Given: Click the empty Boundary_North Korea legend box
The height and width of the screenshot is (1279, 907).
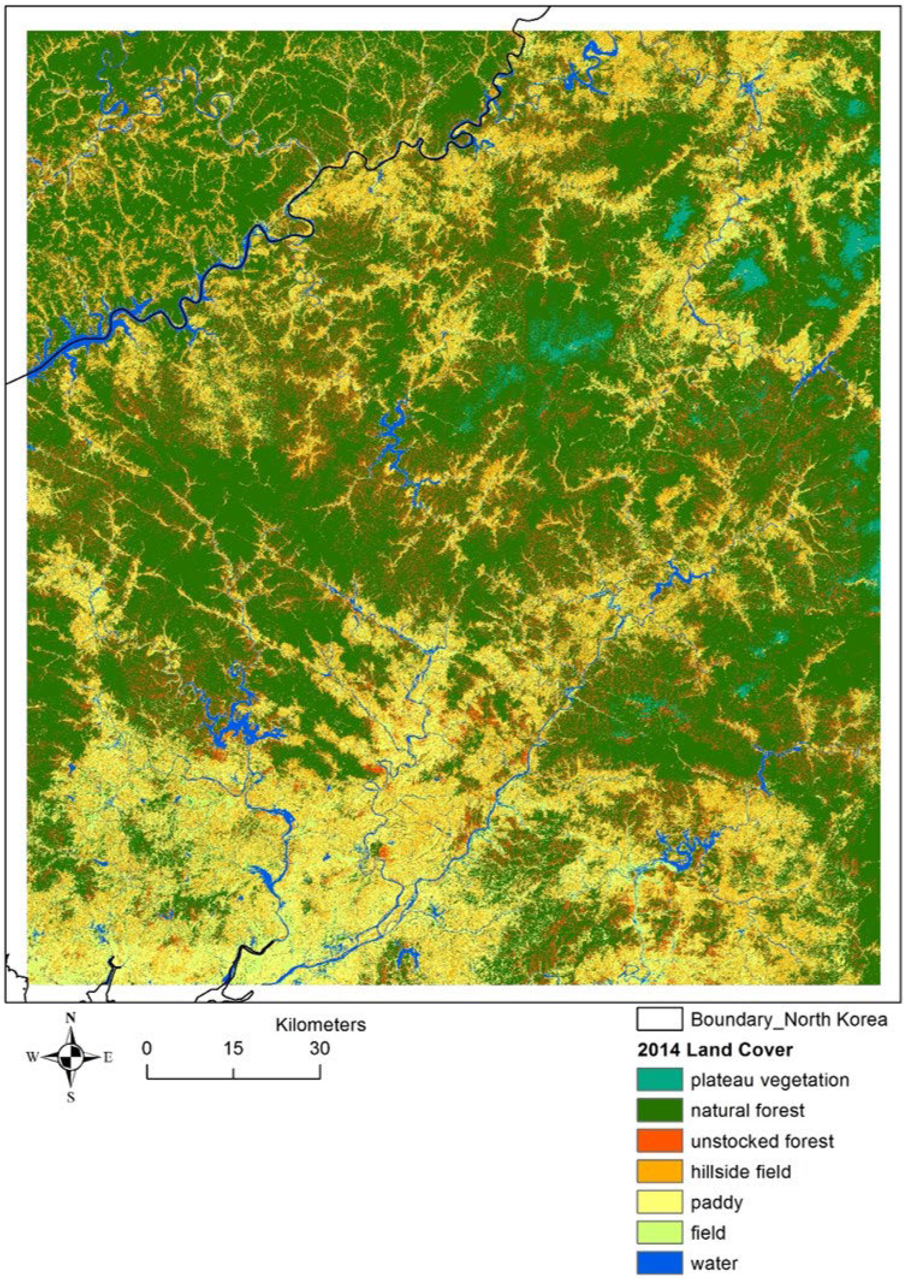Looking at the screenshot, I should [659, 1019].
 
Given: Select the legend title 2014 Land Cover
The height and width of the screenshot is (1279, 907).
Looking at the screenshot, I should [714, 1050].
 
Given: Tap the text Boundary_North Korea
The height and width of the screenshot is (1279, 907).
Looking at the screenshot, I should [789, 1019].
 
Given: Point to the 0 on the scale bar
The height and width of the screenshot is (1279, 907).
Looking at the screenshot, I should [147, 1048].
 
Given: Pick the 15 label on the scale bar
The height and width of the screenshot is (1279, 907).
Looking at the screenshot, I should [233, 1048].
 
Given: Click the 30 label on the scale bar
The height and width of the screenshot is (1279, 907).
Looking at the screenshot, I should [320, 1048].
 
